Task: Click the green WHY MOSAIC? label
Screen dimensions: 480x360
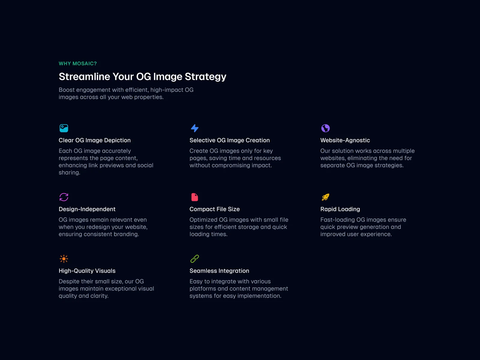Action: (78, 64)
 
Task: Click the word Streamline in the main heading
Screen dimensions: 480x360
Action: (84, 76)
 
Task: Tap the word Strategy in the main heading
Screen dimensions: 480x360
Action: (205, 77)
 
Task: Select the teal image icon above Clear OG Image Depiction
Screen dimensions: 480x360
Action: (64, 128)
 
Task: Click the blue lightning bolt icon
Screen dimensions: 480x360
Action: (195, 128)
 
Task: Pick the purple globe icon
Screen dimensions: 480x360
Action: (325, 128)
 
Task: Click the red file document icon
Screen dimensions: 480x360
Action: (195, 197)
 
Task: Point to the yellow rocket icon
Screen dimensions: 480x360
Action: (325, 197)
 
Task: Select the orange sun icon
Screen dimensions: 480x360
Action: (64, 259)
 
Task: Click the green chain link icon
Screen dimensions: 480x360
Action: (195, 259)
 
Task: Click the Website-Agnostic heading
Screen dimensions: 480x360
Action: (345, 140)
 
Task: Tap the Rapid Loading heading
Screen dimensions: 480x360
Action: (340, 209)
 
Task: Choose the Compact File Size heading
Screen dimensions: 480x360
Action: (214, 209)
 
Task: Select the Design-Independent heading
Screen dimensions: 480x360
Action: (87, 209)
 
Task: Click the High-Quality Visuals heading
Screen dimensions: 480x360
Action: (87, 271)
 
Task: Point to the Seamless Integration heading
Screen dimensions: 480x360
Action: (219, 271)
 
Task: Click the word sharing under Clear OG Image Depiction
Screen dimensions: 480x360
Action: (69, 173)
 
